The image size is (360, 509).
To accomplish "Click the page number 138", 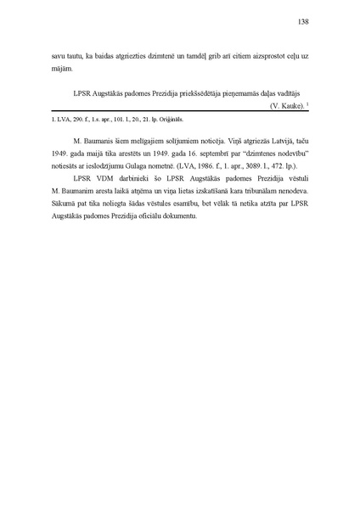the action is (301, 21).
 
